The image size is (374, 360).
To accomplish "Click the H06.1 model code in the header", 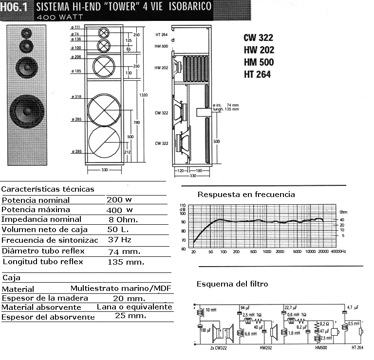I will [x=13, y=7].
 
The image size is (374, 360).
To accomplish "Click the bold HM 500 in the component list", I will [x=259, y=62].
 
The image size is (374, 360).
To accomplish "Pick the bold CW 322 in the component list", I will [x=259, y=37].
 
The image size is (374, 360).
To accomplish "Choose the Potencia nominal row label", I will [x=36, y=200].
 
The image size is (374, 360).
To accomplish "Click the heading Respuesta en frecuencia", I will [x=246, y=195].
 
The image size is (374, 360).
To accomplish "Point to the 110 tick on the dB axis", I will [x=183, y=205].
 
